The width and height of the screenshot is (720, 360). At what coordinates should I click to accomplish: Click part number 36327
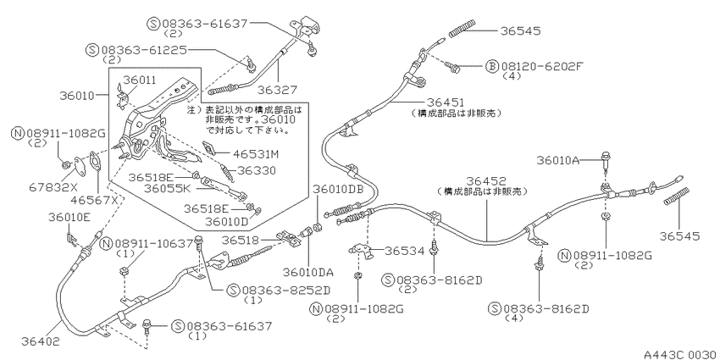tap(277, 90)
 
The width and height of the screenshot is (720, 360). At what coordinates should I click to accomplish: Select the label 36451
tap(446, 102)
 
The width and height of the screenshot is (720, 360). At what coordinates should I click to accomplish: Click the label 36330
tap(256, 171)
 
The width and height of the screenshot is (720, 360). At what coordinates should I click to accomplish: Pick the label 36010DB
tap(338, 189)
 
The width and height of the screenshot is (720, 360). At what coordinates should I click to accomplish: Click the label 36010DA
tap(308, 272)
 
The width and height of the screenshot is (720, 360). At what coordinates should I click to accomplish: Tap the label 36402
tap(41, 341)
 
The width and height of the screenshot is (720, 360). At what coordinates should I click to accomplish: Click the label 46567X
tap(97, 200)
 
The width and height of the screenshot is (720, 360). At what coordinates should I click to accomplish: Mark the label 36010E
tap(69, 217)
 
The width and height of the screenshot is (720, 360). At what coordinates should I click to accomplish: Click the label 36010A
tap(558, 160)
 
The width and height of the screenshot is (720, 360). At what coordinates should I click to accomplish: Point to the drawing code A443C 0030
tap(680, 355)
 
